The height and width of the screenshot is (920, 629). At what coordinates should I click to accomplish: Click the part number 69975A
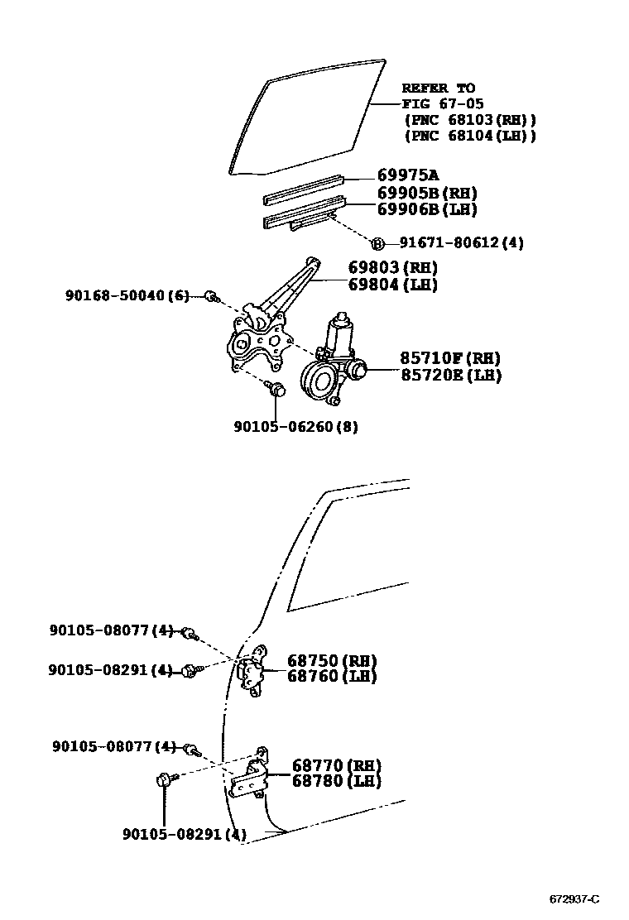point(407,175)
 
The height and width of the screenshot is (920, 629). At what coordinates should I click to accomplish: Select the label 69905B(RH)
point(427,194)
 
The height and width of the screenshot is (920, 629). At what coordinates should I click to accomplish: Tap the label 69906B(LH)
point(427,209)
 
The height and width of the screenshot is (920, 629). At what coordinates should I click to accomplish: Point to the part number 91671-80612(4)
point(461,242)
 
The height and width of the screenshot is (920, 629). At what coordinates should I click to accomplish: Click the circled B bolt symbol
point(377,243)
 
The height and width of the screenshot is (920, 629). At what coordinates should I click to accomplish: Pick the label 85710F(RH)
point(450,358)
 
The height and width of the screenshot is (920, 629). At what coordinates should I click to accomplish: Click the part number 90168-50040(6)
point(127,295)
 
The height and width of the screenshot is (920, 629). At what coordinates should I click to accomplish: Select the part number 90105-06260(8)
point(295,427)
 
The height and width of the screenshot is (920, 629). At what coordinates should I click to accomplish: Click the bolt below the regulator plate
point(277,390)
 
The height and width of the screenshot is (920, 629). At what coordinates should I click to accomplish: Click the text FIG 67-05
point(443,104)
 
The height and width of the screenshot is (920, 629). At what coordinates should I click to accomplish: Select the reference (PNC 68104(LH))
point(469,136)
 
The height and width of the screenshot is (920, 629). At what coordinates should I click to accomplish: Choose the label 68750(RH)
point(332,660)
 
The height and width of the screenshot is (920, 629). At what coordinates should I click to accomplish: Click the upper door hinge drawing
point(252,672)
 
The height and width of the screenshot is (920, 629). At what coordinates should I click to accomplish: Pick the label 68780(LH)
point(336,781)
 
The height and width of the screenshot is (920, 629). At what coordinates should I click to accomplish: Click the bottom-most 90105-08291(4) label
point(184,835)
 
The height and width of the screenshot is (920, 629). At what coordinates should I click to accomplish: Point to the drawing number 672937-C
point(574,899)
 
